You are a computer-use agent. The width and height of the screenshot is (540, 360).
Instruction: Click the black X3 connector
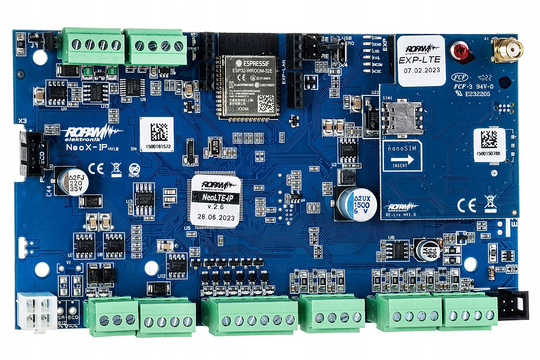click(31, 153)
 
